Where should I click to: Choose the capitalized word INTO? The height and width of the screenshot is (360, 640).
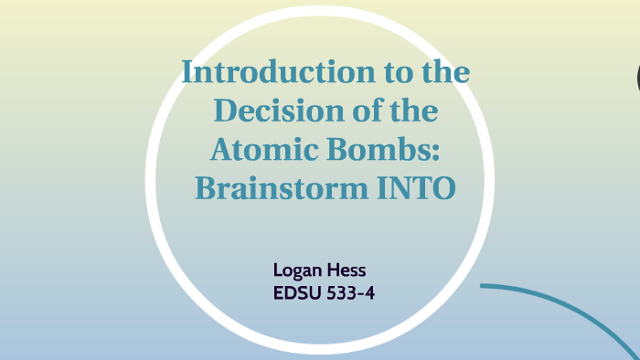[417, 189]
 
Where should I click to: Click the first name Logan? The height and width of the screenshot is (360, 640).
[295, 270]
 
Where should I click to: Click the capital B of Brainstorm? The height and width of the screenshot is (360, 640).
[205, 189]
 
